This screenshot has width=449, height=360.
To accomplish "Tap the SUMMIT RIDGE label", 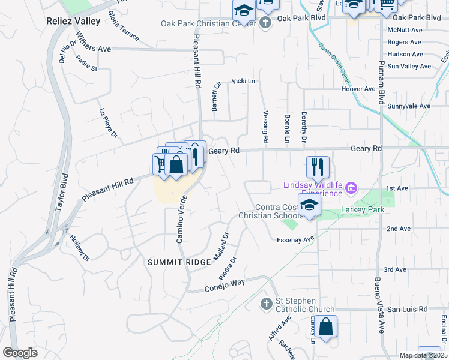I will pos(172,262).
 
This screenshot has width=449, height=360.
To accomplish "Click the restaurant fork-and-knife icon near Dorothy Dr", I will pos(318,166).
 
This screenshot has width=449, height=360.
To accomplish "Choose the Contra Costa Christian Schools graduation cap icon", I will pos(309,205).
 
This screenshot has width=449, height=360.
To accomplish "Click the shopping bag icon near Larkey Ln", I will pos(325,327).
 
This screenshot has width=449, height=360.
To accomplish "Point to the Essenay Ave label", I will pos(296,239).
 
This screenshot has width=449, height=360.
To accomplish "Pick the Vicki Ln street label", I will pos(243,81).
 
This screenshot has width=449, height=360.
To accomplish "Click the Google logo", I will pos(20,353).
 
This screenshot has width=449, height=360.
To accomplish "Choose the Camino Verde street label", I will pos(181,218).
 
